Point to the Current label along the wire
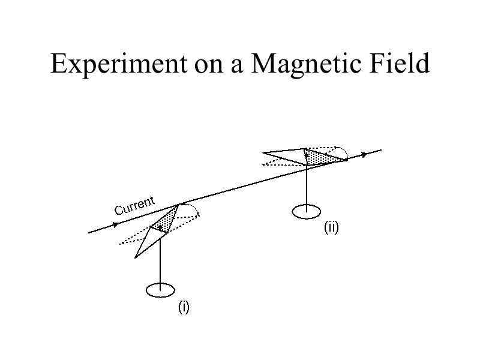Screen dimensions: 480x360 [x=135, y=205]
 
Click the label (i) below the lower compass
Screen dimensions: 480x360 [x=184, y=308]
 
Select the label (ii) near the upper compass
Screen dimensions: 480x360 [x=332, y=227]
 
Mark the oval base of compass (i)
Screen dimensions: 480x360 [x=160, y=290]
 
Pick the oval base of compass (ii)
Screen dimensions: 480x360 [x=307, y=211]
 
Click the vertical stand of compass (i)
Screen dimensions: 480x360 [x=160, y=258]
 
